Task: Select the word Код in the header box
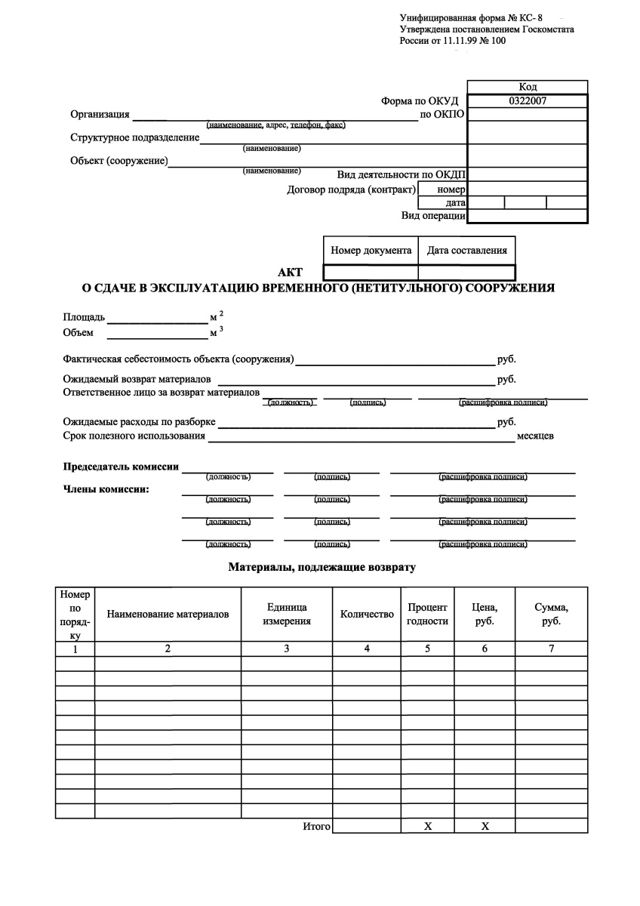528,87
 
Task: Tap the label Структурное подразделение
135,137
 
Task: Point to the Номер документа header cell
371,251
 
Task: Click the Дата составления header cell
466,251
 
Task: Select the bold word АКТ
291,273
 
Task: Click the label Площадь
85,317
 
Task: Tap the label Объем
78,333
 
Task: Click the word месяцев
535,436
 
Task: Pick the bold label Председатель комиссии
121,467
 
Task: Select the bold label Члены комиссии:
106,488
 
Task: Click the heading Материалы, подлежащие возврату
322,565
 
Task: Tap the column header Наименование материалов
168,615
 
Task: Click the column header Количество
367,615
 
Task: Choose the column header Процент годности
427,615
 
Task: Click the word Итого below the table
316,827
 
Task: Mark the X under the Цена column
485,827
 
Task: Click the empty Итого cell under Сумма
551,826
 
